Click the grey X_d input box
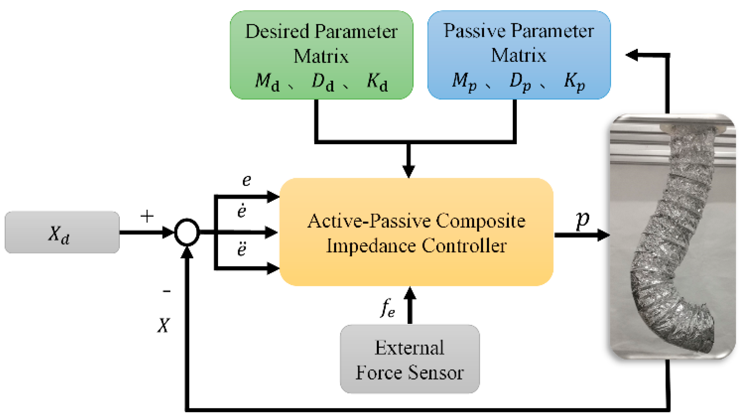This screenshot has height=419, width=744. [62, 232]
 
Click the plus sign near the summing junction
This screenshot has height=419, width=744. [147, 216]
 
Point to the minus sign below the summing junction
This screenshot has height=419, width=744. [167, 291]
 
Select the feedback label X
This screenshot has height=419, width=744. [164, 325]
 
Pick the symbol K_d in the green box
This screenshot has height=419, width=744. [377, 81]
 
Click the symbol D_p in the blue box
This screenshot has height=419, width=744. [520, 81]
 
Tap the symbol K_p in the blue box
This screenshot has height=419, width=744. [574, 81]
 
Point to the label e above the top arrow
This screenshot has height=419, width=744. [246, 180]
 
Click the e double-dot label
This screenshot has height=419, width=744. [242, 249]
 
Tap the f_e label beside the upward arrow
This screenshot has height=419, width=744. [387, 308]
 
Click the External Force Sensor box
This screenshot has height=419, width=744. [409, 359]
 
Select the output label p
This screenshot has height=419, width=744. [582, 220]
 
